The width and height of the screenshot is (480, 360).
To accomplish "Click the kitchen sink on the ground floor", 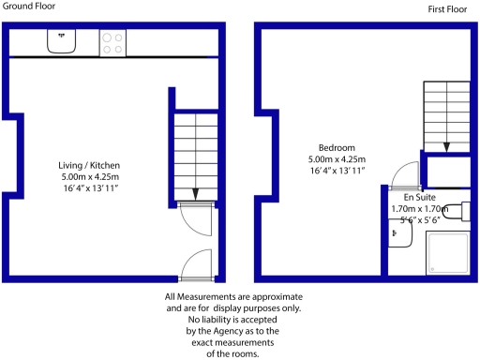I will [63, 41].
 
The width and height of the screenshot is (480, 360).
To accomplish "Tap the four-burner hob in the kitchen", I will [112, 41].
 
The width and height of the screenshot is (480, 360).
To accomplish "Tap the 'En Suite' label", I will [420, 199].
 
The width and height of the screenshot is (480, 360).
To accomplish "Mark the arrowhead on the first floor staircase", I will [447, 145].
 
